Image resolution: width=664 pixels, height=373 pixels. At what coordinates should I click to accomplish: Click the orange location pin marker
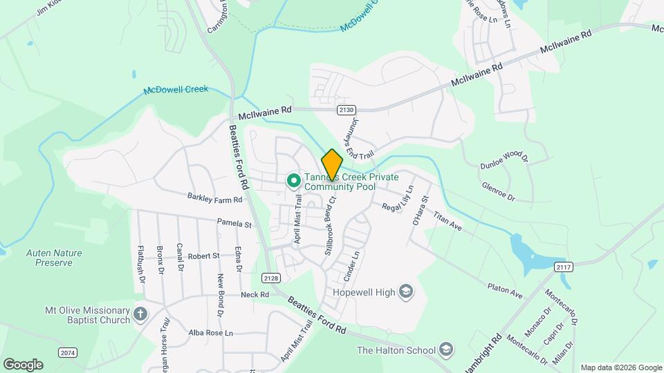[332, 164]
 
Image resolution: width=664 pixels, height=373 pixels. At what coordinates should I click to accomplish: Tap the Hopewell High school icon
[406, 292]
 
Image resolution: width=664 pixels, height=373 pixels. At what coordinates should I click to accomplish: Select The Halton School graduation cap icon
[446, 350]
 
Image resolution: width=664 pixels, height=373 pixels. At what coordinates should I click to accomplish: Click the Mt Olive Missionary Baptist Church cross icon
[140, 315]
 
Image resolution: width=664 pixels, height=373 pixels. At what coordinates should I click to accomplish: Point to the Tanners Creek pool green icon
[293, 182]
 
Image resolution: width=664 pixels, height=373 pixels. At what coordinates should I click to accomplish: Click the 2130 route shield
[347, 110]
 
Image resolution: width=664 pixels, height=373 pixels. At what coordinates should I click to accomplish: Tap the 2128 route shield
[271, 278]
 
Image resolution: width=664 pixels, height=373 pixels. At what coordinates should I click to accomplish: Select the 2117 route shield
[564, 267]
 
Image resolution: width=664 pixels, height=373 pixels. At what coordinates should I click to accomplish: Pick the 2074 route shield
[68, 353]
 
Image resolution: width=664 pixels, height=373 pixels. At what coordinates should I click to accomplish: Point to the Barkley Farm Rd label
[214, 198]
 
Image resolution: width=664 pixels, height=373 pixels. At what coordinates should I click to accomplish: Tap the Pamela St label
[234, 224]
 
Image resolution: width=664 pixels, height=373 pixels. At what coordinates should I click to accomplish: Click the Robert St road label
[203, 256]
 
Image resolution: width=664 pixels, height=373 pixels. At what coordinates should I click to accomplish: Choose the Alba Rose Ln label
[211, 333]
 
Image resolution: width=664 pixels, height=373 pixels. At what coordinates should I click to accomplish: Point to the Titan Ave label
[447, 222]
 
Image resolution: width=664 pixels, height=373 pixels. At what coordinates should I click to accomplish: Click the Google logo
[23, 365]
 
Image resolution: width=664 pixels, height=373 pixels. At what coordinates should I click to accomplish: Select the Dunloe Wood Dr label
[504, 161]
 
